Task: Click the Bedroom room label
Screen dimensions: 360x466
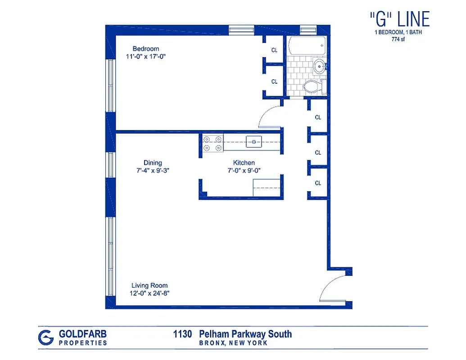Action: pyautogui.click(x=145, y=49)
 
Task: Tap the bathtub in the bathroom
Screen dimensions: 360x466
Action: pyautogui.click(x=306, y=46)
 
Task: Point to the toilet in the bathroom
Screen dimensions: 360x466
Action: pyautogui.click(x=312, y=86)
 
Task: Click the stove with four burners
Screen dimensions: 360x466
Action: pyautogui.click(x=212, y=143)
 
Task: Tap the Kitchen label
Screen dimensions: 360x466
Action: pyautogui.click(x=244, y=162)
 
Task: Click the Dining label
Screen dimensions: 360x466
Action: pyautogui.click(x=153, y=162)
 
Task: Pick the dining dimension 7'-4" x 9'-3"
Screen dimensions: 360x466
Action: pyautogui.click(x=153, y=171)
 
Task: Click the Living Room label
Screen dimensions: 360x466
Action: pyautogui.click(x=149, y=285)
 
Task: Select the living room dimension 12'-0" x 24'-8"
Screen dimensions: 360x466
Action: pyautogui.click(x=150, y=293)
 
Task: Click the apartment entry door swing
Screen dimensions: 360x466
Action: pyautogui.click(x=334, y=288)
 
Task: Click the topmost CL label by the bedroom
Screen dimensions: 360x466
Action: pyautogui.click(x=274, y=50)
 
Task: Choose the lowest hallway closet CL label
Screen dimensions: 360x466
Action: pyautogui.click(x=318, y=183)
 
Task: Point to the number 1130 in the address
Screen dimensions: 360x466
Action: pyautogui.click(x=183, y=334)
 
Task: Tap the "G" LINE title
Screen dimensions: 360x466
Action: pyautogui.click(x=399, y=19)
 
